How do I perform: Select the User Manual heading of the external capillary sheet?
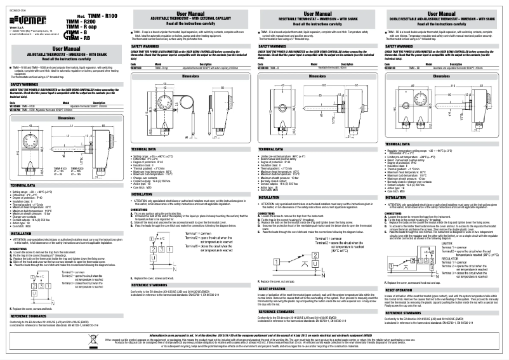(190, 13)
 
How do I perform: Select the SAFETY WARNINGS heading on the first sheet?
(25, 84)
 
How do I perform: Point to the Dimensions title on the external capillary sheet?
(190, 76)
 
